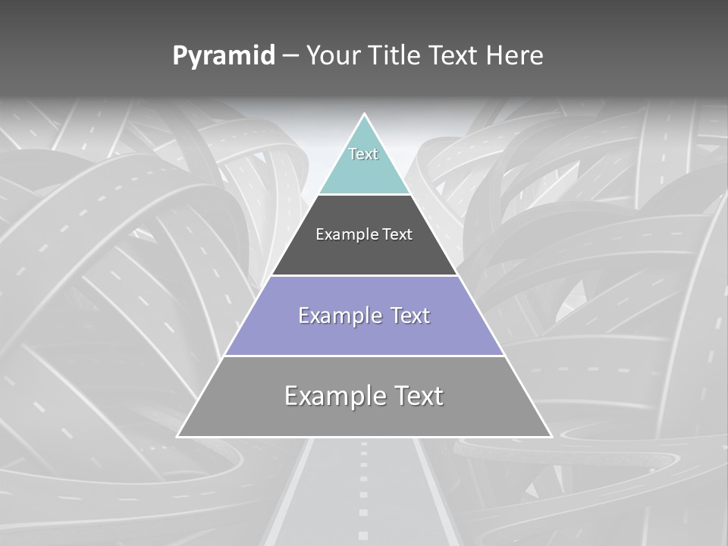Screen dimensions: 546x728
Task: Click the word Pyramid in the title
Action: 223,56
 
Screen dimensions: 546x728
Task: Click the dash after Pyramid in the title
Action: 290,57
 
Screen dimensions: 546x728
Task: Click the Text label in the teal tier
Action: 363,154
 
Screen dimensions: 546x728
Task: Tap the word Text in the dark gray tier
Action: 398,235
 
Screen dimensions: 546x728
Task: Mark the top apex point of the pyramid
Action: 365,115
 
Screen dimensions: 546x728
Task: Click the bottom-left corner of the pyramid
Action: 177,436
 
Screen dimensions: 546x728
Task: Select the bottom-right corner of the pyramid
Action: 551,436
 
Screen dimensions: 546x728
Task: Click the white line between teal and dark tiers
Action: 364,194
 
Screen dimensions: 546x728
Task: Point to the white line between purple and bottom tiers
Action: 364,356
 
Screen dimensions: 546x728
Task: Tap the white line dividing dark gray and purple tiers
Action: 364,275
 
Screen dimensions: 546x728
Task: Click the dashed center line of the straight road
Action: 364,485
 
